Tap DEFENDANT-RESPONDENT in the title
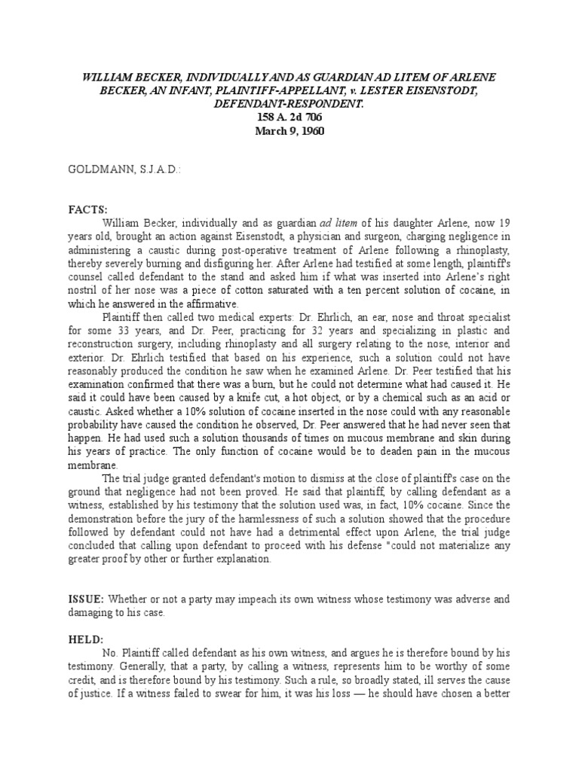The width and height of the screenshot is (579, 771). (289, 103)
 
